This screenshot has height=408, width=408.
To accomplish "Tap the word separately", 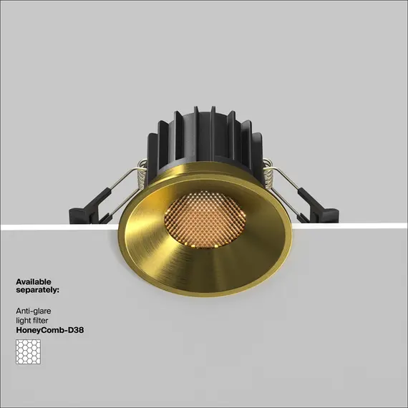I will pos(37,291).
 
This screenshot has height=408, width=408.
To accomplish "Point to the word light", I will pos(23,321).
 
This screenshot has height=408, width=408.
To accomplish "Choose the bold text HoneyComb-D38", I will pos(49,331).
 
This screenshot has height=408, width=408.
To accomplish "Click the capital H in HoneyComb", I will pos(19,331).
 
